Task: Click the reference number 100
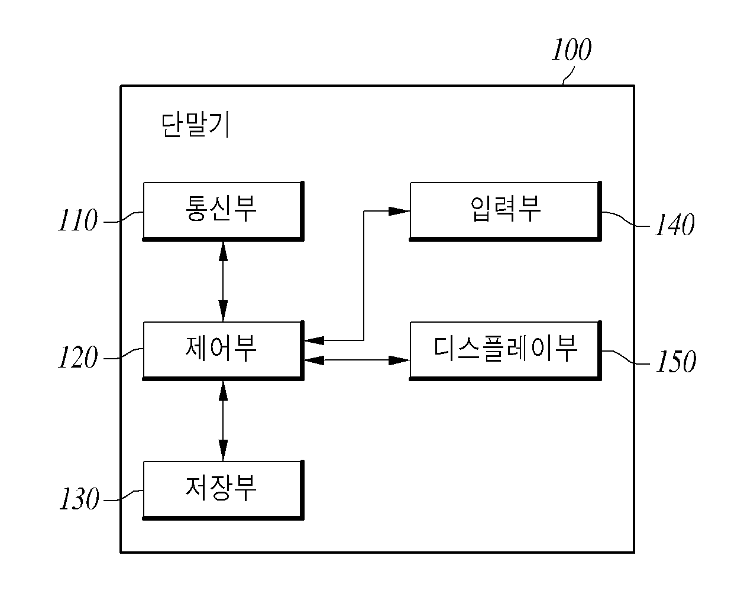571,50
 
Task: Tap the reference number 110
77,220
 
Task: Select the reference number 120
77,357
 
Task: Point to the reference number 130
79,498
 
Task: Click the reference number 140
674,225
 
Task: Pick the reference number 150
676,361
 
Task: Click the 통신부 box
223,211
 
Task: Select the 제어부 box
223,350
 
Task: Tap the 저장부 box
223,490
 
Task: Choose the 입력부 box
505,211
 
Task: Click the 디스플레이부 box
505,350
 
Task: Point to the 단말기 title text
195,125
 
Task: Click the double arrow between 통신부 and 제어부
223,281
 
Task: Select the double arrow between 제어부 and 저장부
223,421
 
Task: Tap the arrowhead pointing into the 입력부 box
399,211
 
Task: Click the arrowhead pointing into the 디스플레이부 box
399,360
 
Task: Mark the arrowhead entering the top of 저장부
223,450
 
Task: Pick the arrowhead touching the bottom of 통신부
223,252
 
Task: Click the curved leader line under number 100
568,76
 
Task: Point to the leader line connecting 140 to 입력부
625,219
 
